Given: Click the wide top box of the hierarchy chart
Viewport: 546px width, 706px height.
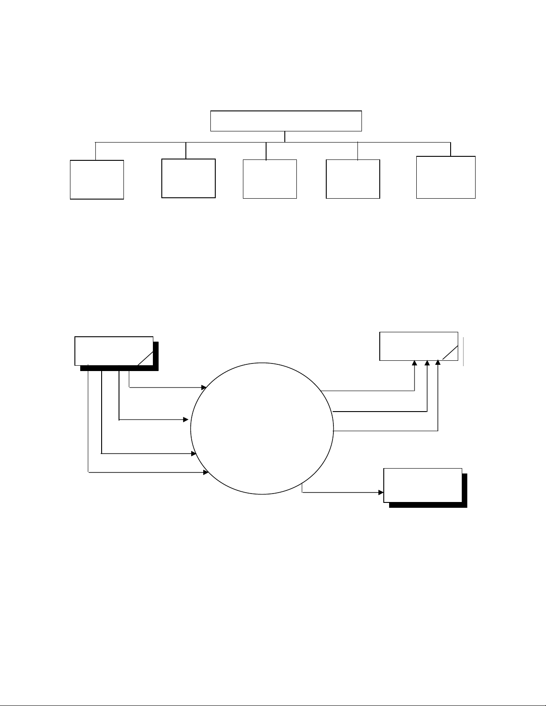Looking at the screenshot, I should [286, 121].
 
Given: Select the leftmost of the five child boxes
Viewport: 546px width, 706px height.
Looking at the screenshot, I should [97, 179].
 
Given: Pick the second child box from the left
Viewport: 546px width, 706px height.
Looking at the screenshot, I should [188, 178].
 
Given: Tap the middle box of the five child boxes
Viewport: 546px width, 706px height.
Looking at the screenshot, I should [270, 179].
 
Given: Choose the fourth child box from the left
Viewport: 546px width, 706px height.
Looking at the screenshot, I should [353, 179].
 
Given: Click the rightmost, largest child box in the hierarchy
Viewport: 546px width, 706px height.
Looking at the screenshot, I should [446, 177].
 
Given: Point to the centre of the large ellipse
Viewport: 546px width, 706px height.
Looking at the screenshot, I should [262, 428].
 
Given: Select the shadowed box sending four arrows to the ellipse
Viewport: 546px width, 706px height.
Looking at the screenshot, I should [114, 351].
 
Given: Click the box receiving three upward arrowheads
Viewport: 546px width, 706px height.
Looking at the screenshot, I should [419, 346].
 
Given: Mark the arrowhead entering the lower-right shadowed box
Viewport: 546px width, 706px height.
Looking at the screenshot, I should [381, 493].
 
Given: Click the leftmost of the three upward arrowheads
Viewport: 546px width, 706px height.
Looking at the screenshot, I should [415, 363].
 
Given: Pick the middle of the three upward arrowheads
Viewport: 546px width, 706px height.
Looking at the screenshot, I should [427, 363].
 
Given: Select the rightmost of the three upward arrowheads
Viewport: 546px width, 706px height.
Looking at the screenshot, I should [438, 363].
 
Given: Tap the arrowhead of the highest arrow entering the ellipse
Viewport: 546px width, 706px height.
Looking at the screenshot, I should [204, 387].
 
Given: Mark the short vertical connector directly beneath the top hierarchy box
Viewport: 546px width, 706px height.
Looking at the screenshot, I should [285, 137].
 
